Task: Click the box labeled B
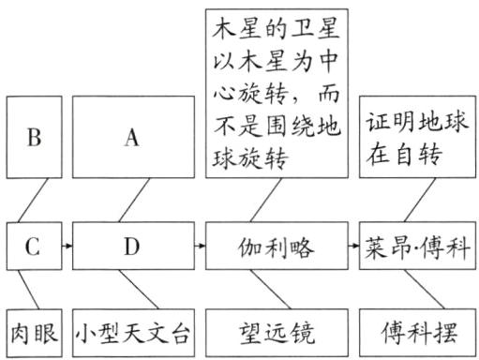(x=35, y=138)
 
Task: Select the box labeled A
(x=131, y=138)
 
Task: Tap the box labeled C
(x=33, y=247)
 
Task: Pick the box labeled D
(x=131, y=247)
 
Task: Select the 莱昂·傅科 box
(x=416, y=247)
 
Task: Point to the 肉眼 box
(x=33, y=331)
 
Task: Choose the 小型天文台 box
(x=131, y=331)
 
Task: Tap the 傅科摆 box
(x=416, y=331)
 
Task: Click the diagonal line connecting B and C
(x=34, y=201)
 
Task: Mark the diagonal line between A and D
(x=131, y=201)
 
